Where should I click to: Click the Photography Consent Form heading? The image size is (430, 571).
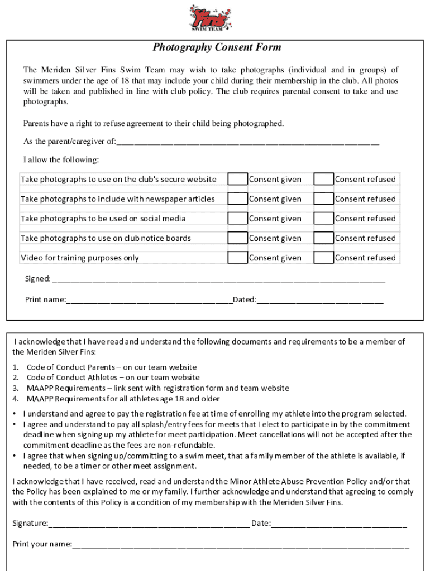click(x=217, y=47)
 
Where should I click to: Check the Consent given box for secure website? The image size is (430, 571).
click(x=238, y=179)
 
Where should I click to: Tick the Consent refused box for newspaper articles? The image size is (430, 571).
click(x=323, y=199)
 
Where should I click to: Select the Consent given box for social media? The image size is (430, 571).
click(x=238, y=218)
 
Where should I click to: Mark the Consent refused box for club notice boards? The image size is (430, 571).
click(x=323, y=238)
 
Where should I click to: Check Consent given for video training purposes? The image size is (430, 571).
click(x=238, y=258)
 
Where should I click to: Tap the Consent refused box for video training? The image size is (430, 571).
click(x=323, y=258)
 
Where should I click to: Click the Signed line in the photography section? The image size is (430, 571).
click(x=218, y=279)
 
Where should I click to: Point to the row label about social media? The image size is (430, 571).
click(x=103, y=219)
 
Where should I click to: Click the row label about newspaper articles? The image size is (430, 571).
click(x=118, y=199)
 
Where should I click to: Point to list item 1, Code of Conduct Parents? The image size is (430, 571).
click(x=111, y=367)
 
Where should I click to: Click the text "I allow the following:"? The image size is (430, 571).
click(x=61, y=160)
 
